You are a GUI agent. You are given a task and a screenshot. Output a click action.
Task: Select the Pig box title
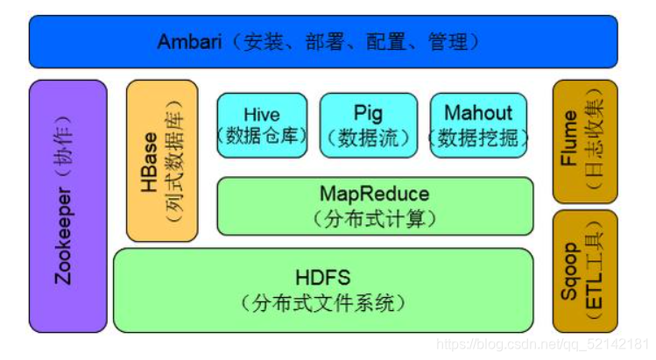coord(369,113)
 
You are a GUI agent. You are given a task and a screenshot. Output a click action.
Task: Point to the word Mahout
coord(477,113)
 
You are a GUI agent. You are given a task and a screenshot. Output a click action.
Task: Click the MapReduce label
coord(374,193)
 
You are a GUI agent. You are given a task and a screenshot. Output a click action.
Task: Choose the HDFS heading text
coord(322,278)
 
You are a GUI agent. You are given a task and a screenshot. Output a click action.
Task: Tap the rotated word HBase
coord(148,161)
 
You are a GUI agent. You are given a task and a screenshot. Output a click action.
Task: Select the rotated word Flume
coord(570,138)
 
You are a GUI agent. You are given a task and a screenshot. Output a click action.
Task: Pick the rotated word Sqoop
coord(570,272)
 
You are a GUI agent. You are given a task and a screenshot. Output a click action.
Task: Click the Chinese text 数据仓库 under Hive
coord(262,138)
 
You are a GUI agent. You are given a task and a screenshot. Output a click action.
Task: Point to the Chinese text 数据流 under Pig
coord(369,138)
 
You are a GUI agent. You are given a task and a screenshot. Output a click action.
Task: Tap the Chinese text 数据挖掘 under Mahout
coord(477,138)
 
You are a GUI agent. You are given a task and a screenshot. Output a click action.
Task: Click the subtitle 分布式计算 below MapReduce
coord(374,216)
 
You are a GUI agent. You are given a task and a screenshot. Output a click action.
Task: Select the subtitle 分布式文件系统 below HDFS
coord(322,303)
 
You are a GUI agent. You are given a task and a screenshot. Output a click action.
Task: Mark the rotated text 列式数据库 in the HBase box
coord(173,162)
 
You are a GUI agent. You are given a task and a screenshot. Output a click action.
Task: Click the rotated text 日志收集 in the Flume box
coord(595,138)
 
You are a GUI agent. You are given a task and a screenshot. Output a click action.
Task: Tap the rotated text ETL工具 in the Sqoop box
coord(595,272)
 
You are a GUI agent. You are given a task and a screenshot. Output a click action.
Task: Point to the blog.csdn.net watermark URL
coord(542,344)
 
